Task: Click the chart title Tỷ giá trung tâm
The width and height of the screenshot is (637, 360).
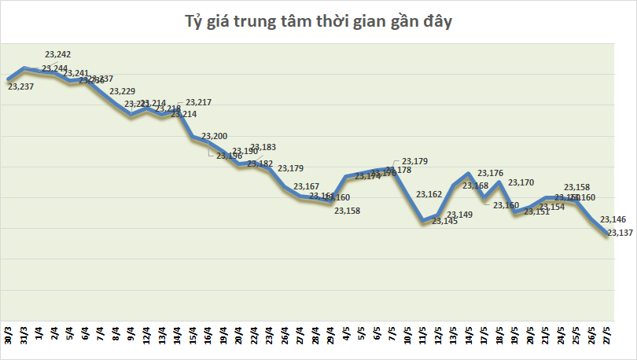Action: pos(318,21)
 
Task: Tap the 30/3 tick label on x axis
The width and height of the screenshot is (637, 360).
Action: pos(9,336)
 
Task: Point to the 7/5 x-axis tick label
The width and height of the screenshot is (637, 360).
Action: pos(392,336)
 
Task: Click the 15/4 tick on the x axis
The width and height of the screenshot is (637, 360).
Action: pos(193,336)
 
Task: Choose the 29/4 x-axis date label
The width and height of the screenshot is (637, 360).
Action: pos(331,336)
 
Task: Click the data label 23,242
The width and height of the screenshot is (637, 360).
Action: pos(58,54)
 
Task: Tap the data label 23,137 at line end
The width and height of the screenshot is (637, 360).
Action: pos(621,233)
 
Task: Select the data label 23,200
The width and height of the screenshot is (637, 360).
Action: pos(215,137)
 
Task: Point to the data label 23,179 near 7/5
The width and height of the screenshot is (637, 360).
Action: pos(415,161)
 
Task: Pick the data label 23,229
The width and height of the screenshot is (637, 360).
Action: pos(122,92)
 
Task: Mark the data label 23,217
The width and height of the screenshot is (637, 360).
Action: pos(198,103)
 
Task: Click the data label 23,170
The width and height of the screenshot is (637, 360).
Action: pos(521,182)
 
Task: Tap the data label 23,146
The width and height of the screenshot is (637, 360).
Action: pos(613,219)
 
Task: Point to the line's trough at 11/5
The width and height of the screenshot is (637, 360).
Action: pos(423,220)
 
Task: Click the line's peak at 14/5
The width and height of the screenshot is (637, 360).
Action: pos(469,174)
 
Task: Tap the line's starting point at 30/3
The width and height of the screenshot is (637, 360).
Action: pos(9,79)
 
